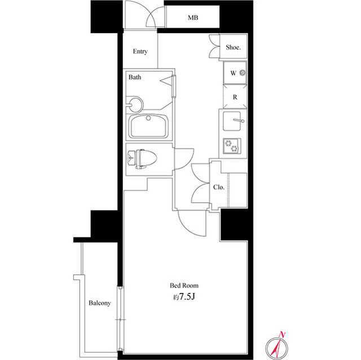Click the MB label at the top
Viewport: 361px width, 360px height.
pyautogui.click(x=193, y=17)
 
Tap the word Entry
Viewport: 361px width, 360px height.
pyautogui.click(x=140, y=51)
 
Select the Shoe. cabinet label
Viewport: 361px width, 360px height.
pyautogui.click(x=233, y=47)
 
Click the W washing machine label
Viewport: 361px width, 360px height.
pyautogui.click(x=233, y=73)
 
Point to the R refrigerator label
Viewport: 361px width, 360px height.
pyautogui.click(x=235, y=97)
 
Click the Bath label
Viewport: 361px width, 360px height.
pyautogui.click(x=135, y=77)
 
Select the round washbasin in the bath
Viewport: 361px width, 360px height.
pyautogui.click(x=135, y=105)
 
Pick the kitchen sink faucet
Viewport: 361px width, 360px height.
pyautogui.click(x=238, y=121)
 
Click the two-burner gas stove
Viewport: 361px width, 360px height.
pyautogui.click(x=232, y=146)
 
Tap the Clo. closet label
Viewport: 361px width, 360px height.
pyautogui.click(x=219, y=188)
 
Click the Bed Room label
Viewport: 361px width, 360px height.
pyautogui.click(x=184, y=286)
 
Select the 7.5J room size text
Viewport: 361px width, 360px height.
pyautogui.click(x=187, y=297)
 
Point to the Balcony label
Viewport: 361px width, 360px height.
pyautogui.click(x=100, y=303)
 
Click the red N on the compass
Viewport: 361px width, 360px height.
pyautogui.click(x=282, y=335)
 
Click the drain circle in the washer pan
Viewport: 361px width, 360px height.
pyautogui.click(x=243, y=73)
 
